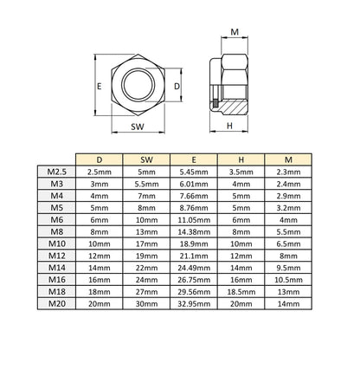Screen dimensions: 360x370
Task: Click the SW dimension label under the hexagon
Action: (138, 127)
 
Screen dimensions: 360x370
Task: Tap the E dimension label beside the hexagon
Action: (100, 86)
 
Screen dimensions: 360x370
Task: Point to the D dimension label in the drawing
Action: (177, 86)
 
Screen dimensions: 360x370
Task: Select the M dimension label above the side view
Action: (235, 32)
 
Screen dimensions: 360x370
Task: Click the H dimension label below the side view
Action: (229, 126)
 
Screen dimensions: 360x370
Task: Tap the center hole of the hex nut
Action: (138, 85)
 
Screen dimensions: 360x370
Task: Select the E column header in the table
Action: (194, 159)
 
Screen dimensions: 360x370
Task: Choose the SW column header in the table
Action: (146, 159)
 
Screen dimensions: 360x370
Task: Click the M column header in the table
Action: (288, 159)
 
